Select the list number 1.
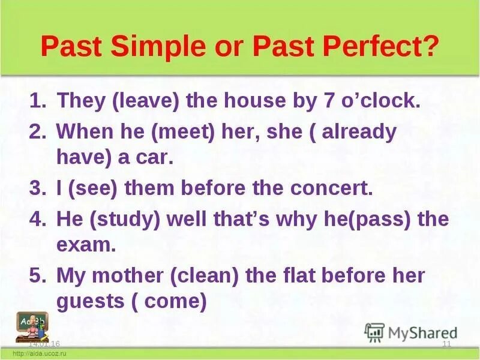coord(37,100)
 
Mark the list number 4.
coord(37,220)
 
